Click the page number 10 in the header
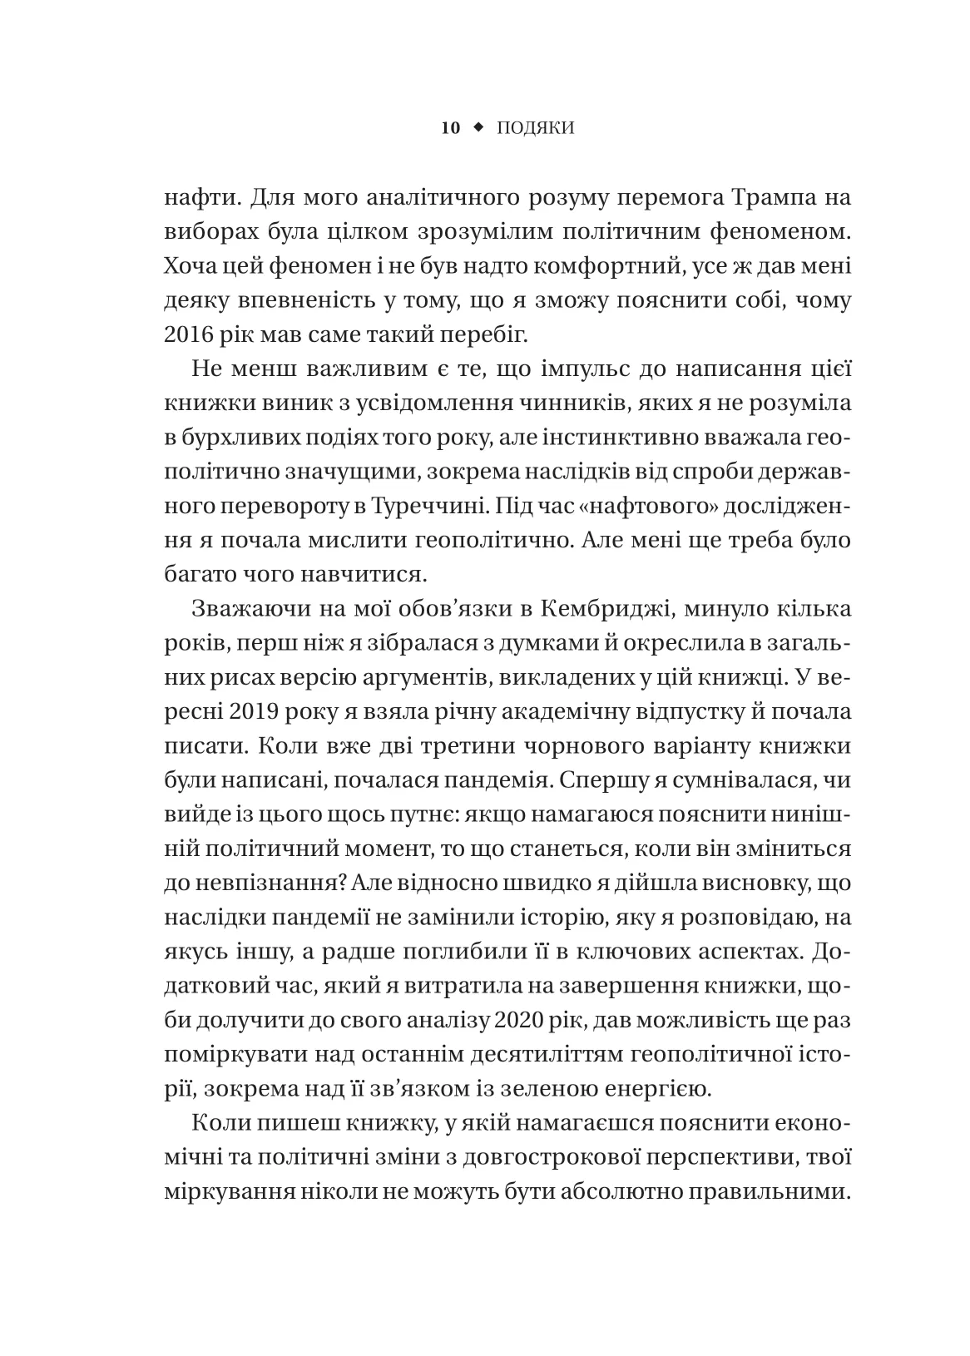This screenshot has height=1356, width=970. (450, 128)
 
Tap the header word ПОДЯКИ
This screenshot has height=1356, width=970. (536, 128)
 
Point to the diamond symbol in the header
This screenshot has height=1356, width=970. (478, 128)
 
